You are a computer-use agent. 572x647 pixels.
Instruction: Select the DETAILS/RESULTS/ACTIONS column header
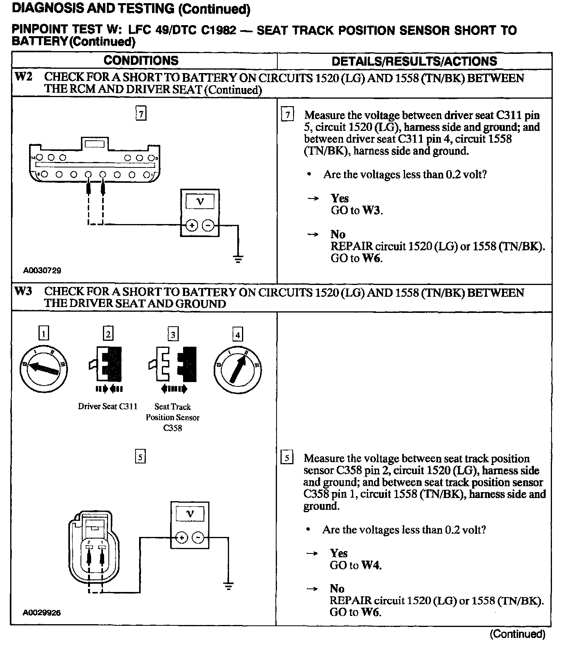click(414, 61)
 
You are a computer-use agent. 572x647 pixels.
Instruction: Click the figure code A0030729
click(42, 270)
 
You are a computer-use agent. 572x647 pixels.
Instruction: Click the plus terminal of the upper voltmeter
click(191, 225)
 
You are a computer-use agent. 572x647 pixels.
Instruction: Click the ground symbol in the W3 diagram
click(228, 586)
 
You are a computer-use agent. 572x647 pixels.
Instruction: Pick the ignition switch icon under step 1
click(43, 368)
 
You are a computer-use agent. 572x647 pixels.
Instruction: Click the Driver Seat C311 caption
click(108, 406)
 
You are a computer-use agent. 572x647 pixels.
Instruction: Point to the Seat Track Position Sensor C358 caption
click(172, 417)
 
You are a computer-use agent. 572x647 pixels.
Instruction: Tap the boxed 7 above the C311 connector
click(141, 114)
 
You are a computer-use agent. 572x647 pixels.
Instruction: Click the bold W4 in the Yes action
click(371, 565)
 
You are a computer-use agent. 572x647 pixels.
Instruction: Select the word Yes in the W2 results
click(340, 198)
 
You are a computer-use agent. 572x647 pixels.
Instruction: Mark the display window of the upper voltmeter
click(200, 202)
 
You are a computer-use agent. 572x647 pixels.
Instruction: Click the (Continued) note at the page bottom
click(517, 634)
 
